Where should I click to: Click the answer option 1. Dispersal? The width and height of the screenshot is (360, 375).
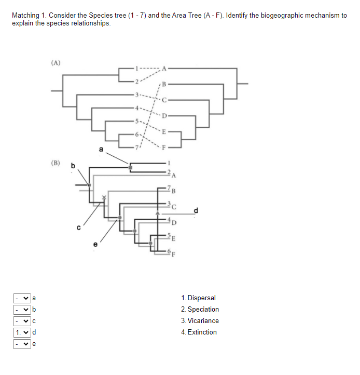(199, 298)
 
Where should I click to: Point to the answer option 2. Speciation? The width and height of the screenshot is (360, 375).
(200, 310)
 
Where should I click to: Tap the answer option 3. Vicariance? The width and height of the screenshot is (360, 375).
(200, 321)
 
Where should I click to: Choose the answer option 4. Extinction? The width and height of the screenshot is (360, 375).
(199, 332)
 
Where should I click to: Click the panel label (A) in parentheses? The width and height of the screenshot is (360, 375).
(56, 63)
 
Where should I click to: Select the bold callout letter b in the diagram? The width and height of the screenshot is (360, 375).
(73, 166)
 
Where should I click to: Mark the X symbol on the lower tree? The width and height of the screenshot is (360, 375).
(104, 197)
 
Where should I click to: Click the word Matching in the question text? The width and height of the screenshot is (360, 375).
(25, 16)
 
